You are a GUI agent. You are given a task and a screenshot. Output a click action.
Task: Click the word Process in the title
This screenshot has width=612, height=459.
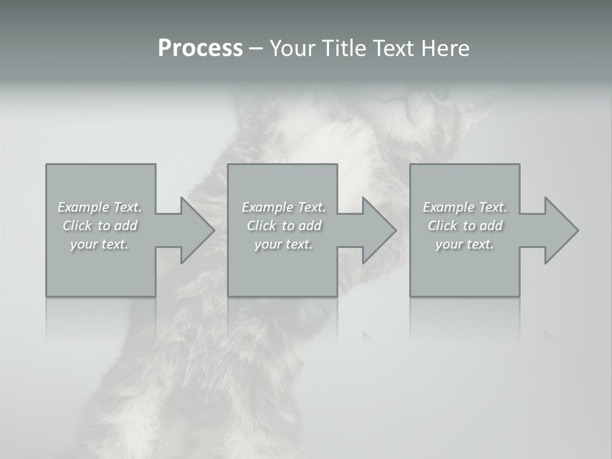200,48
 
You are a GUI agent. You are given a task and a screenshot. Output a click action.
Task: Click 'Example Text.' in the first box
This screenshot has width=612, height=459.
99,207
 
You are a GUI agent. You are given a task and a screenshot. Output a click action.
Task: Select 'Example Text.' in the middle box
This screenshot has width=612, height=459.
284,207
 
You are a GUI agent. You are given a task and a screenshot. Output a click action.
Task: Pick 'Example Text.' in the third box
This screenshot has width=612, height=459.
465,207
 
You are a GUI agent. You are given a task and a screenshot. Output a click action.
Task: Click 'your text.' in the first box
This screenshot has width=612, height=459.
99,244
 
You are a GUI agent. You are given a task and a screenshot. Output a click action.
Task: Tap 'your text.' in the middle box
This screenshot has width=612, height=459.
284,244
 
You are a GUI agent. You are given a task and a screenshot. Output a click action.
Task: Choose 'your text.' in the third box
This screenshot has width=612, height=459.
465,244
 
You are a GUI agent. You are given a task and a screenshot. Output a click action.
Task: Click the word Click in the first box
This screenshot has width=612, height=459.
77,226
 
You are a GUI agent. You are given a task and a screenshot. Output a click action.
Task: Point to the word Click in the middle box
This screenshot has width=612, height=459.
261,226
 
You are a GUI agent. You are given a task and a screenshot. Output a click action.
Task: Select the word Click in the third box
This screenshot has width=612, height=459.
442,226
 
